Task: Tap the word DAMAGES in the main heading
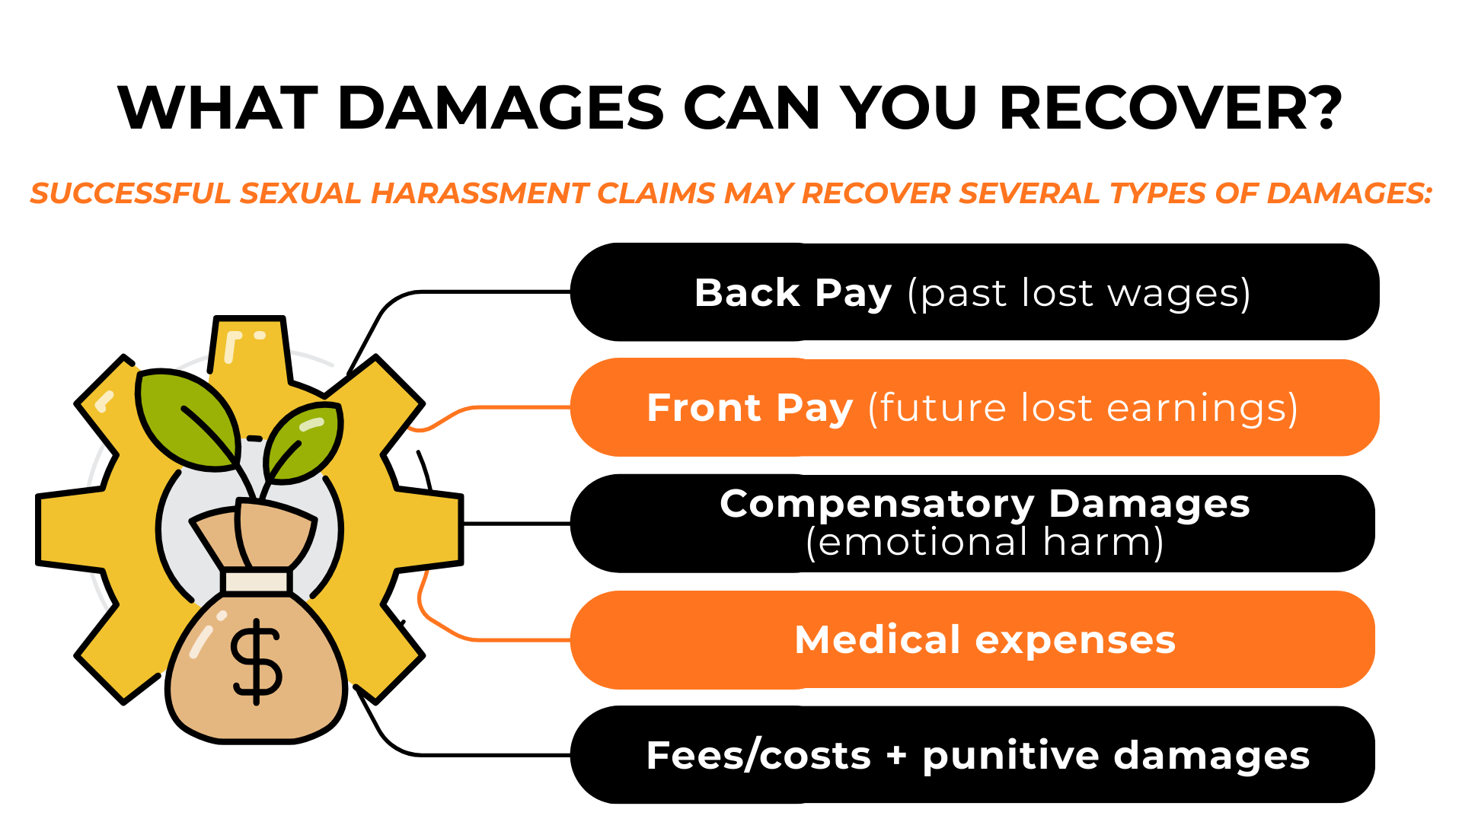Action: (500, 109)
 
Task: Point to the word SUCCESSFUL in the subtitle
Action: (129, 194)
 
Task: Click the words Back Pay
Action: (793, 293)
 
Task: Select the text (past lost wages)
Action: (1078, 295)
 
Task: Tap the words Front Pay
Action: (749, 408)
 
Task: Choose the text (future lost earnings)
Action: (1083, 409)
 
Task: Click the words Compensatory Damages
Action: (985, 504)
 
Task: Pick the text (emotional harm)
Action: (985, 543)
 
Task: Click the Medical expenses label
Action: (985, 640)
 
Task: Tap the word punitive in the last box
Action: (1010, 757)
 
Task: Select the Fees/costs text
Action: (758, 756)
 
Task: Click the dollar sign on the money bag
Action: (257, 661)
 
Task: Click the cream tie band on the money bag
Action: (257, 581)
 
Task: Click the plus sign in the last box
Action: (896, 755)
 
